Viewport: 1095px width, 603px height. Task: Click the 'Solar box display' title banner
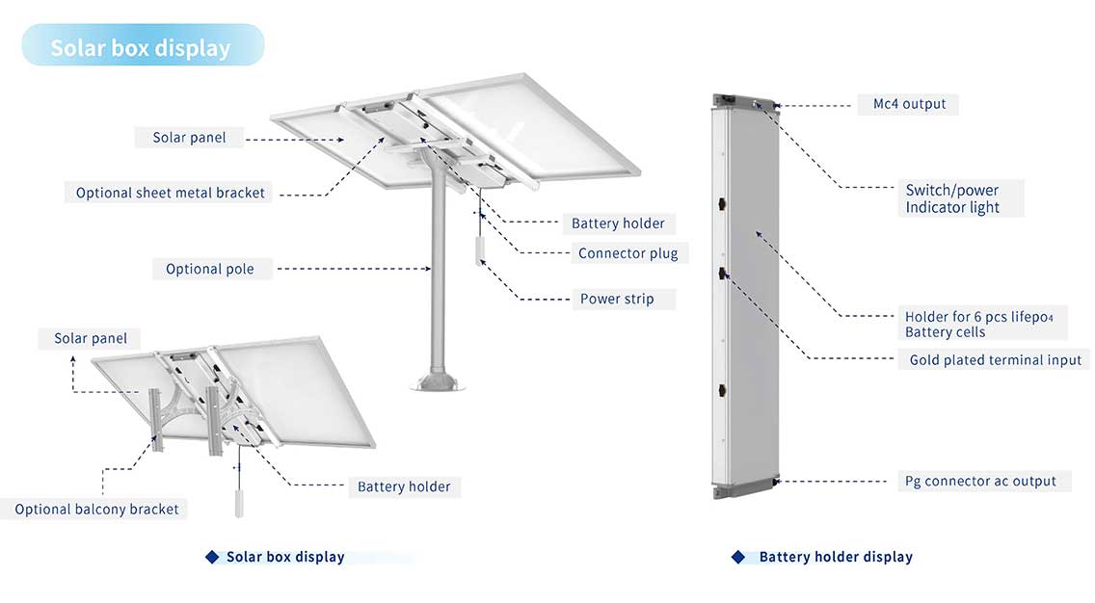point(141,47)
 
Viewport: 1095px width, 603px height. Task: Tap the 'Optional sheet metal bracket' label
point(171,193)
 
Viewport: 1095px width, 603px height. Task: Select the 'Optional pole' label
point(210,269)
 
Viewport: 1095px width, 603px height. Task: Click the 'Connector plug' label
point(628,253)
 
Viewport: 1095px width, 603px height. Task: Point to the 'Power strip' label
point(617,299)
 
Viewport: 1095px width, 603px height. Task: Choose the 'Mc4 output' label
point(909,104)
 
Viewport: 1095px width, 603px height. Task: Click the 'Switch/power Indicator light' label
point(952,198)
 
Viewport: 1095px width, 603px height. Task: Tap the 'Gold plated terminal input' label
point(996,360)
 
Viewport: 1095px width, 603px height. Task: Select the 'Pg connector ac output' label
point(980,481)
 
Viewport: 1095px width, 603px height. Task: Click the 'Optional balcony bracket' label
point(96,509)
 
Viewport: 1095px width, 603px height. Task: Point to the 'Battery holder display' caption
point(836,557)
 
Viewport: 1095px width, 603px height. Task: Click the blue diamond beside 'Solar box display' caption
point(212,557)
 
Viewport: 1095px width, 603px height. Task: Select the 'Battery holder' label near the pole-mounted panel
point(618,223)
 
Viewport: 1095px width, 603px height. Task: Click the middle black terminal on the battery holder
point(722,274)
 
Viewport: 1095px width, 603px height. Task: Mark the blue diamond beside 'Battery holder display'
point(738,557)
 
